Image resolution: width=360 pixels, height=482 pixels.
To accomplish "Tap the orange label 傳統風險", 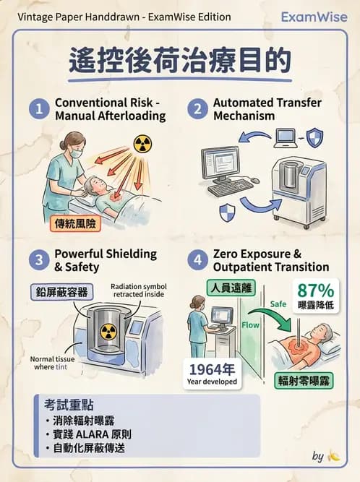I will [74, 224].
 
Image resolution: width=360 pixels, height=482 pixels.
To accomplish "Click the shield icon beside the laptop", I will [314, 137].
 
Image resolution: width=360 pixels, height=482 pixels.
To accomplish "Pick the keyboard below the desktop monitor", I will [231, 187].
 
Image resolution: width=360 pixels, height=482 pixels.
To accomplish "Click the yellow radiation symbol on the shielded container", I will [108, 332].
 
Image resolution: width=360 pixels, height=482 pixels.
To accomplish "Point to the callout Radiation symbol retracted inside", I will [138, 291].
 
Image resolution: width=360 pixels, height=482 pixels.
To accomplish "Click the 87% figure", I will [315, 291].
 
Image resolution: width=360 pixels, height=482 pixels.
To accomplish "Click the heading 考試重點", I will [68, 405].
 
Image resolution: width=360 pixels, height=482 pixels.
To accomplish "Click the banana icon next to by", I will [333, 456].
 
